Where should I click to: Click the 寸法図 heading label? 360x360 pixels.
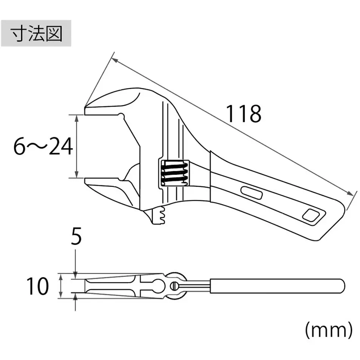(x=36, y=35)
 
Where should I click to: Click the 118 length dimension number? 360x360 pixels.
(x=244, y=113)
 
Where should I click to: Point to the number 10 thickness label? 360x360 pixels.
(x=38, y=286)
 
